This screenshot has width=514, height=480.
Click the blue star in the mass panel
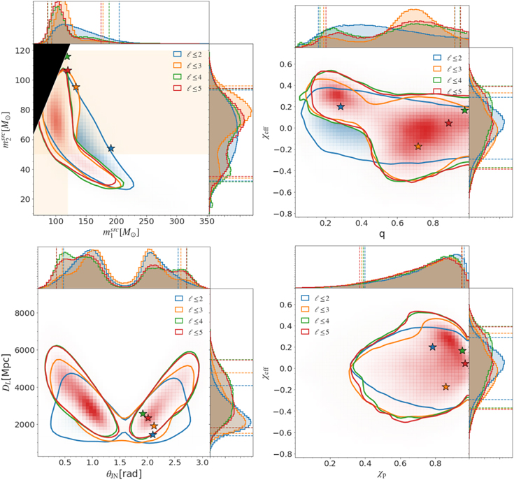(110, 148)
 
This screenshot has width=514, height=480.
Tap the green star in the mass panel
(67, 57)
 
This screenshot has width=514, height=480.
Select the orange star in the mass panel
(76, 87)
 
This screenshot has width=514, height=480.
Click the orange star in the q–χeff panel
(418, 146)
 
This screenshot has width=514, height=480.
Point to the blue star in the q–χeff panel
(341, 106)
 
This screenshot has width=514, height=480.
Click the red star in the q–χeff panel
(449, 123)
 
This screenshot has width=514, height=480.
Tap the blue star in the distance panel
(152, 435)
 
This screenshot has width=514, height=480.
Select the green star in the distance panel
(143, 414)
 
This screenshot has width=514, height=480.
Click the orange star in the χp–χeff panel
(445, 386)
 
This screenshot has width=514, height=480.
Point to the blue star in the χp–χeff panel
(432, 347)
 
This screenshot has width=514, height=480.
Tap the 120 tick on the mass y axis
(22, 50)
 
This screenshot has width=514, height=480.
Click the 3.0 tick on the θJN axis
(203, 463)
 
